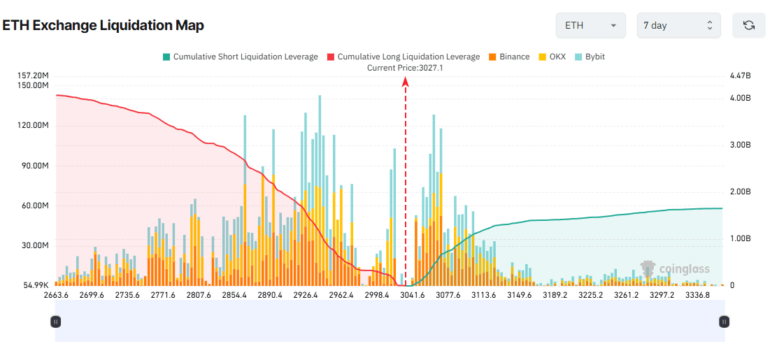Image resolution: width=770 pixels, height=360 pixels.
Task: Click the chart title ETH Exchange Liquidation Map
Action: (x=103, y=26)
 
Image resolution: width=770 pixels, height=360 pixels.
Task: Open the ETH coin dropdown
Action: (x=590, y=25)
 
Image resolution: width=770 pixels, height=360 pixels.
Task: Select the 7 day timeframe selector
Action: (x=678, y=25)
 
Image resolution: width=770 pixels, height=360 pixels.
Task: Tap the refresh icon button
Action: (x=748, y=25)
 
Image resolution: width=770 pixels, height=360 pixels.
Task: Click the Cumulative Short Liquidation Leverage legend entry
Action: (x=240, y=57)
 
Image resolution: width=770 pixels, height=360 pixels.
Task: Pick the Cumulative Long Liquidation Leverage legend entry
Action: (x=403, y=57)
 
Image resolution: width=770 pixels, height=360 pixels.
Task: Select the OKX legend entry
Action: (x=552, y=57)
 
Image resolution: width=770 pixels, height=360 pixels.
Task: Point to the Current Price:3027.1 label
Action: (x=405, y=68)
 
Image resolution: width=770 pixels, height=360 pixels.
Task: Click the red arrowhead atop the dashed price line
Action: (x=405, y=81)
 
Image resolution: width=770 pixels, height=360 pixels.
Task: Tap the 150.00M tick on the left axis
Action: (x=34, y=85)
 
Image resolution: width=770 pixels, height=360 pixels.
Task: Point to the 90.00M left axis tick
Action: (x=34, y=166)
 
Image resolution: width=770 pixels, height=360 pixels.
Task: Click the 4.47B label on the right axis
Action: (x=739, y=75)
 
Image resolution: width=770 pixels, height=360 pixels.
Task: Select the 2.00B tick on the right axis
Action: (x=739, y=192)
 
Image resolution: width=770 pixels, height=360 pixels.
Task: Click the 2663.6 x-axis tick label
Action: (x=56, y=295)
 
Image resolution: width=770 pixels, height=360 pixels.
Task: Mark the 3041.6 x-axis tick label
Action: (x=413, y=295)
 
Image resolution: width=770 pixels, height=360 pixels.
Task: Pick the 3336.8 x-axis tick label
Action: (x=697, y=295)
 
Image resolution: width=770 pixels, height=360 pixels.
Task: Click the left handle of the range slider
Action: (x=56, y=322)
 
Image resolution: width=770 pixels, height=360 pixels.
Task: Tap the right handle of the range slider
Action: (x=725, y=322)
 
